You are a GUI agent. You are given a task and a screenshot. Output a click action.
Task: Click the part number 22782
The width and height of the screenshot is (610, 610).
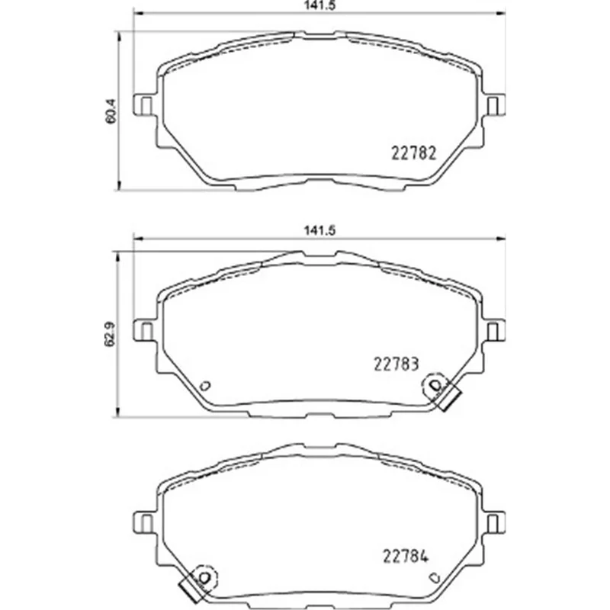[x=413, y=153]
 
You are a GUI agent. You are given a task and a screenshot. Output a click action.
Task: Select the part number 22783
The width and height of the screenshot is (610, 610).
[x=396, y=364]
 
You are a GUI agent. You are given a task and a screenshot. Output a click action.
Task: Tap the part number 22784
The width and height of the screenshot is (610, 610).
[x=406, y=556]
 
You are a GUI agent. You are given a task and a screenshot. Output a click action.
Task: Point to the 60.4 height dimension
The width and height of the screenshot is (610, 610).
[x=111, y=111]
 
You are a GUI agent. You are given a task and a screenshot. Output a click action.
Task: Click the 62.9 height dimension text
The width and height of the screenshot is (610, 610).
[x=111, y=333]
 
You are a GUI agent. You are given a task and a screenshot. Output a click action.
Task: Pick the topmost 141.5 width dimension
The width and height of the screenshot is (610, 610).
[x=319, y=5]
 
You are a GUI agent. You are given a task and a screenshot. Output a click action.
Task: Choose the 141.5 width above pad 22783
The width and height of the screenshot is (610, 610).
[x=319, y=231]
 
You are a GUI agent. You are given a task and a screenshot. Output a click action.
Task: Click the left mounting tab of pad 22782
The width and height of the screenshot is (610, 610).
[x=145, y=104]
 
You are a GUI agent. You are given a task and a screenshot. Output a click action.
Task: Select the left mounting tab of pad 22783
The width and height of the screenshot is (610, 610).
[x=145, y=330]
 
